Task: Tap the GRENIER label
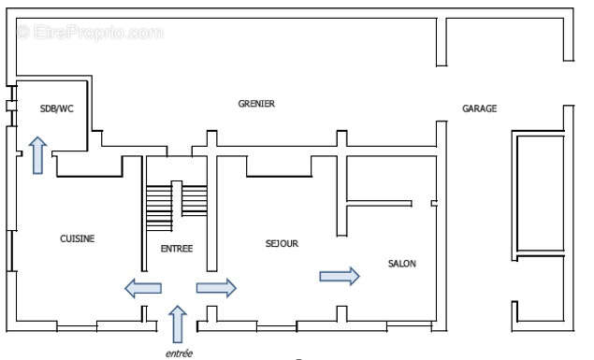coord(256,104)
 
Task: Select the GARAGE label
coord(479,108)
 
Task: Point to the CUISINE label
coord(77,238)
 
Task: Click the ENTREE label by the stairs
coord(177,248)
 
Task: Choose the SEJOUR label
coord(282,243)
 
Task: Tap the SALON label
coord(401,264)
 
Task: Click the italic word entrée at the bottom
coord(179,353)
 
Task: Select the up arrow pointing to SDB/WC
coord(37,154)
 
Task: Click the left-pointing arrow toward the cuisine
coord(142,288)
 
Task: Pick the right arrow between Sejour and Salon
coord(340,275)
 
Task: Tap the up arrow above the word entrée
coord(178,324)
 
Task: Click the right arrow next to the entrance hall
coord(216,288)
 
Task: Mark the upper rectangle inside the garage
coord(541,192)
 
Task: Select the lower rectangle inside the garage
coord(541,289)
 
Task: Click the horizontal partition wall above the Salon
coord(379,201)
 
